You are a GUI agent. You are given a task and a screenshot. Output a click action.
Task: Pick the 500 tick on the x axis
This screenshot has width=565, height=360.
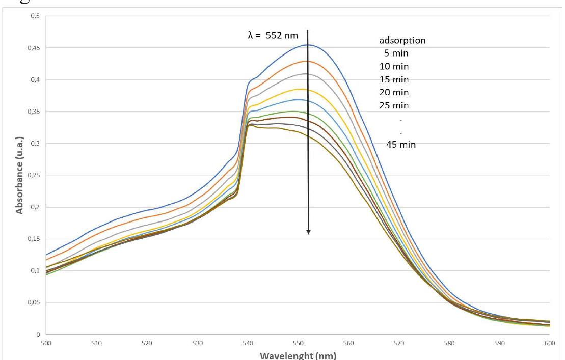(46, 343)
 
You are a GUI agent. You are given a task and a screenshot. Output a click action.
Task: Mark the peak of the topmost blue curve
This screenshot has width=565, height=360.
(308, 45)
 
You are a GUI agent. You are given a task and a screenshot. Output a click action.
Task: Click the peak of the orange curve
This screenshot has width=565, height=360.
(306, 61)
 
